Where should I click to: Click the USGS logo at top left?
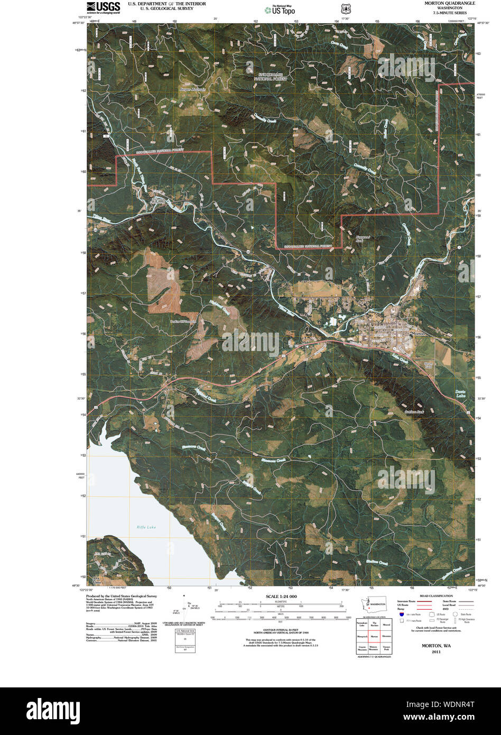pyautogui.click(x=103, y=7)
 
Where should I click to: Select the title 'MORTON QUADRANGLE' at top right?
pyautogui.click(x=449, y=3)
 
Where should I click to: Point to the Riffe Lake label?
pyautogui.click(x=146, y=527)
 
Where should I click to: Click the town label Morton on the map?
pyautogui.click(x=418, y=334)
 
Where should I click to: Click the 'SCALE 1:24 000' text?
pyautogui.click(x=282, y=596)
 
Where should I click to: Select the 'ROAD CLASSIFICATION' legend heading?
pyautogui.click(x=437, y=596)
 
